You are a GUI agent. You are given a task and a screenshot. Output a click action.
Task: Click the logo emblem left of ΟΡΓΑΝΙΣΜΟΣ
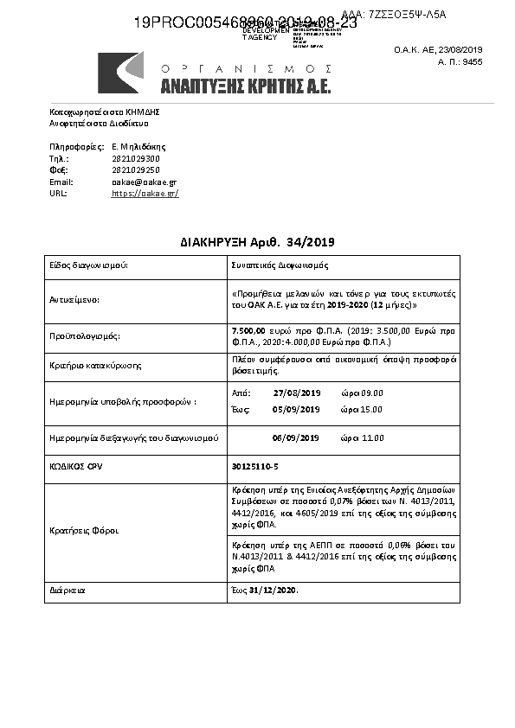[x=120, y=73]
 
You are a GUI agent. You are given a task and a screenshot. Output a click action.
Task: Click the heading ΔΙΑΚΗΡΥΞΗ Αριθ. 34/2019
[x=257, y=240]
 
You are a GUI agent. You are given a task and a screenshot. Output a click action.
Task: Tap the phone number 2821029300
[x=136, y=159]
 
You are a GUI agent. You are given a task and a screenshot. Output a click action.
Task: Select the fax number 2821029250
[x=136, y=170]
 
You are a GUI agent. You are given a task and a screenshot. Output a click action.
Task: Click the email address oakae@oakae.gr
[x=144, y=182]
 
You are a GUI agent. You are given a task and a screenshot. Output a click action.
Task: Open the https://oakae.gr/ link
[x=145, y=194]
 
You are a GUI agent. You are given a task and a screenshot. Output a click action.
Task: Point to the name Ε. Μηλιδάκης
[x=138, y=147]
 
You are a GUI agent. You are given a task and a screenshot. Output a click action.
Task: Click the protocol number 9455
[x=472, y=62]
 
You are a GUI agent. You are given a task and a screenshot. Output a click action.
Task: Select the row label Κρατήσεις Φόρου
[x=83, y=530]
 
